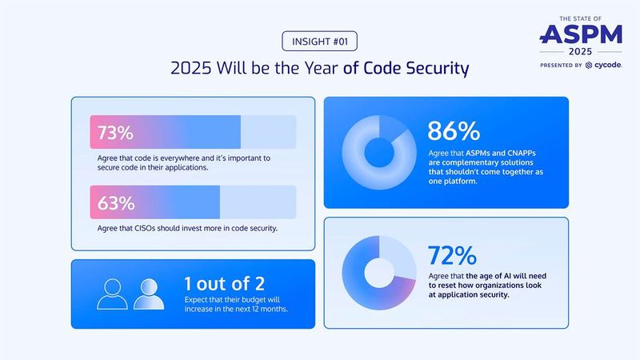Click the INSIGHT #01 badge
(x=319, y=41)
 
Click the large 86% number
(x=453, y=130)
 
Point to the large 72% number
(x=453, y=255)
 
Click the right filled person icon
(x=149, y=294)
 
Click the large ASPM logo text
(x=581, y=33)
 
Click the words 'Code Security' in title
(x=406, y=69)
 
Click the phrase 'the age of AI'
(x=492, y=276)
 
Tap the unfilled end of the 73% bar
(x=268, y=132)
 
